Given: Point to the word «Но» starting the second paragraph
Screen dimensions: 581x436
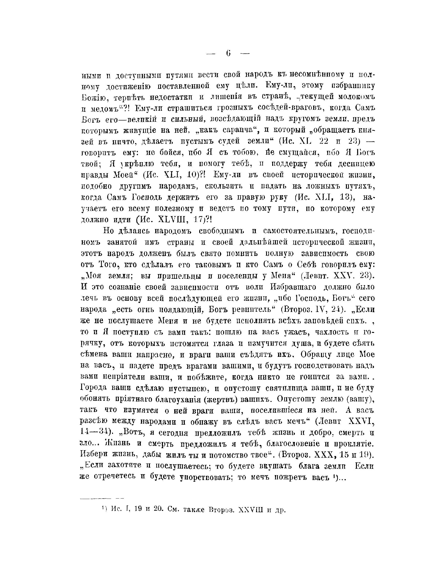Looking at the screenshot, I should tap(108, 231).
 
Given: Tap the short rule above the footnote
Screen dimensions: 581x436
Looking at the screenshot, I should tap(102, 498).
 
